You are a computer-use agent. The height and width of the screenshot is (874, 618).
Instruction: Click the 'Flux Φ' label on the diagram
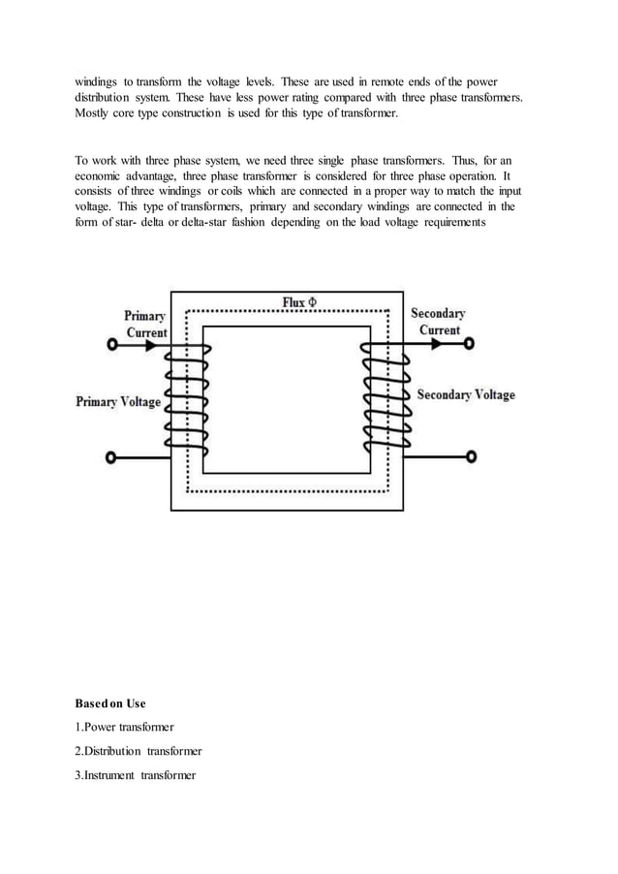coord(306,302)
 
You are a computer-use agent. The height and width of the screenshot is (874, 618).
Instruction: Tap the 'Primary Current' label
coord(145,324)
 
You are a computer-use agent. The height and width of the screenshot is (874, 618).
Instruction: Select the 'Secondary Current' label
coord(438,322)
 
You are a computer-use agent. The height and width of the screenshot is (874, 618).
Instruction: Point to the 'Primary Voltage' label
coord(118,401)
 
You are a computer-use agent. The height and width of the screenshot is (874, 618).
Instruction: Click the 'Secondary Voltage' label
coord(466,395)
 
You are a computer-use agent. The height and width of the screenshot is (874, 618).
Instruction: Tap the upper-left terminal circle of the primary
coord(112,345)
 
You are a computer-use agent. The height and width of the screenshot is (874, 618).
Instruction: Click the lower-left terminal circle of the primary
coord(112,457)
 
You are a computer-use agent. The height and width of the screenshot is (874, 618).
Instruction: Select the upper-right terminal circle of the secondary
coord(470,344)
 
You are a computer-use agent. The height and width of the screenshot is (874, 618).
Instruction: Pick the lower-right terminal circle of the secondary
coord(472,457)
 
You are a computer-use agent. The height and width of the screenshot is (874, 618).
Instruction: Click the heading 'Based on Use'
coord(109,702)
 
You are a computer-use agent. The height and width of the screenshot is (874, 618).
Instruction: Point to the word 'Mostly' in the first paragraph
coord(95,114)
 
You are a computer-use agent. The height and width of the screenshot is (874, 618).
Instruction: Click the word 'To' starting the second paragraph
coord(82,161)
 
